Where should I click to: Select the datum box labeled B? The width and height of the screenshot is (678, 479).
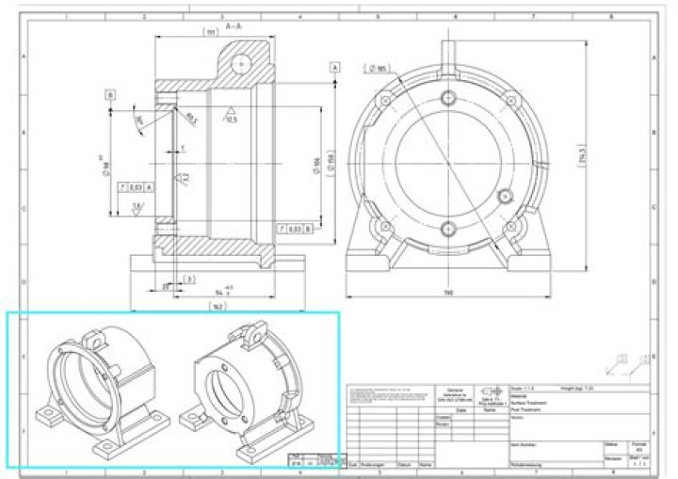pos(110,95)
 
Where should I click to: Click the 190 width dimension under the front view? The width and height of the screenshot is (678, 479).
pos(449,293)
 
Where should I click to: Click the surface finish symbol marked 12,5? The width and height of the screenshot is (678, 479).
pos(229,116)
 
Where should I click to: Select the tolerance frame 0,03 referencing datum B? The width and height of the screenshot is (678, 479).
pos(289,228)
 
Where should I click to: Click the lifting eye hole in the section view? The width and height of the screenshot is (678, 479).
pos(243,62)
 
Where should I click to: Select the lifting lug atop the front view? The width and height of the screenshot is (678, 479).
pos(448,45)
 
